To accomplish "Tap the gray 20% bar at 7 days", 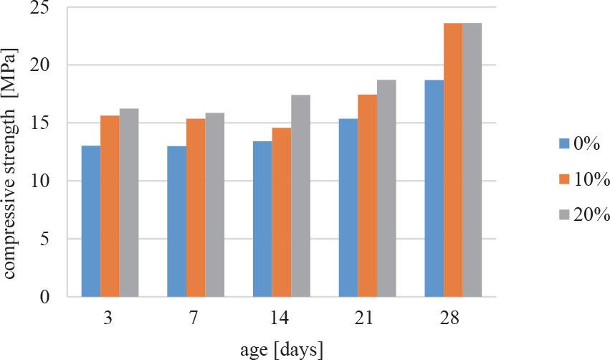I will [x=214, y=204].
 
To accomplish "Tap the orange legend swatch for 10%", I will [x=563, y=179].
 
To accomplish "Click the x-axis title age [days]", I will [x=281, y=349].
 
